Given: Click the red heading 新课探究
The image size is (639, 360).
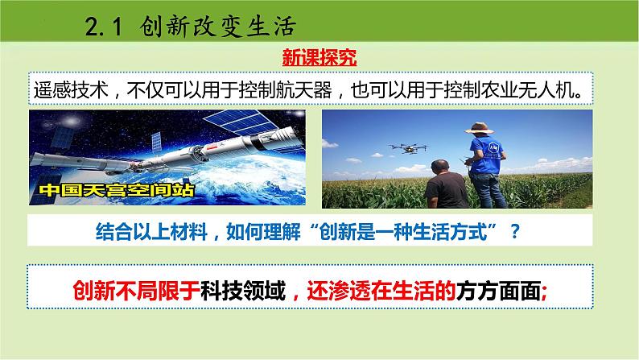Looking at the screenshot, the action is pos(319,57).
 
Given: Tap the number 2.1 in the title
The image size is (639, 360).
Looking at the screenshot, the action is pos(104,27).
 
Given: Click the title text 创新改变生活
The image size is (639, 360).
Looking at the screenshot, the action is pos(218,27).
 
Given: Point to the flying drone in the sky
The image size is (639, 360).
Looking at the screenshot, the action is pos(408,148).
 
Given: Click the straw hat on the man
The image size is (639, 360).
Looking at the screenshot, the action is pos(480,128).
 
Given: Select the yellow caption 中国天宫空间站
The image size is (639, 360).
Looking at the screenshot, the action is pos(117,190).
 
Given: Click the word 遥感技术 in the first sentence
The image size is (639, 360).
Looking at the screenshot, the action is pos(71,89).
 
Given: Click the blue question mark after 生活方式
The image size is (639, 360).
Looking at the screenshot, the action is pos(515,232).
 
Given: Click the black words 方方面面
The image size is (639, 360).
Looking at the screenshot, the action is pos(498,291).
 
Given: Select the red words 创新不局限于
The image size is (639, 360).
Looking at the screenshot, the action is pos(137,291).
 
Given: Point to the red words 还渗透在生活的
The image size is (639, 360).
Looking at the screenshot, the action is pos(381,291).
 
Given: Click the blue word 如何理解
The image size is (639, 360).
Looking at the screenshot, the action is pos(263,232).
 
